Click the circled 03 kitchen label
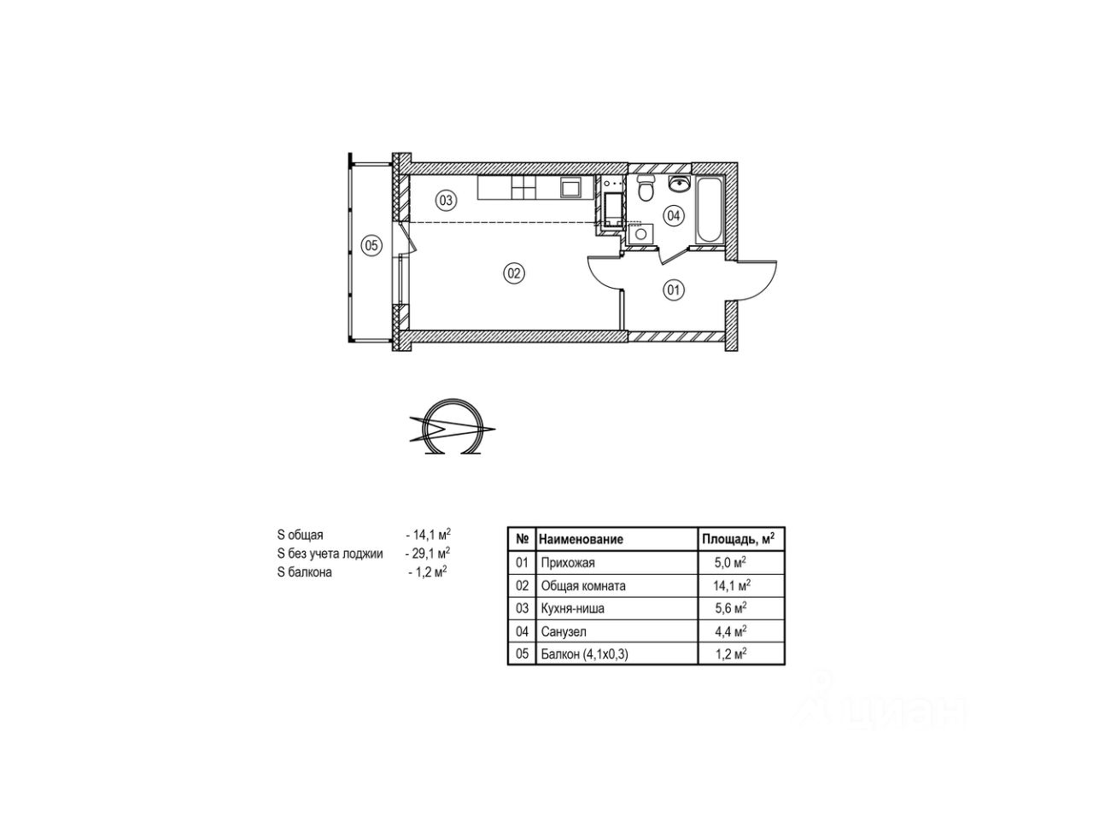tap(446, 200)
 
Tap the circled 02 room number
tap(514, 273)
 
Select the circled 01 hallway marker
tap(673, 290)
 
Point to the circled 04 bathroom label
tap(673, 215)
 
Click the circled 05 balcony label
tap(371, 245)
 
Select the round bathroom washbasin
tap(679, 184)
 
